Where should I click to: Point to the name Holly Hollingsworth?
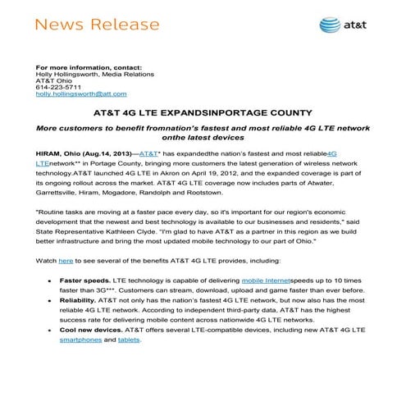tap(71, 73)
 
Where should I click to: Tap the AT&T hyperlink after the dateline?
tap(149, 153)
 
